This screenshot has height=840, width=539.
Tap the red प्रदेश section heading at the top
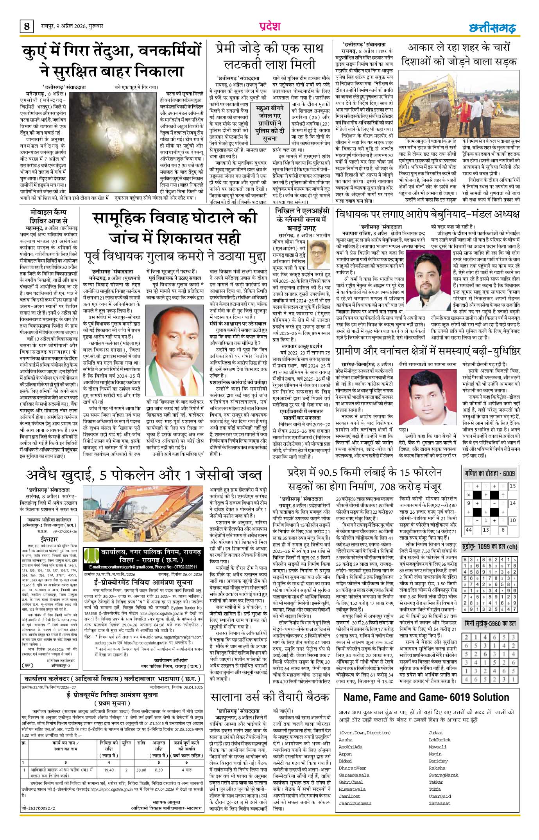270,26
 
